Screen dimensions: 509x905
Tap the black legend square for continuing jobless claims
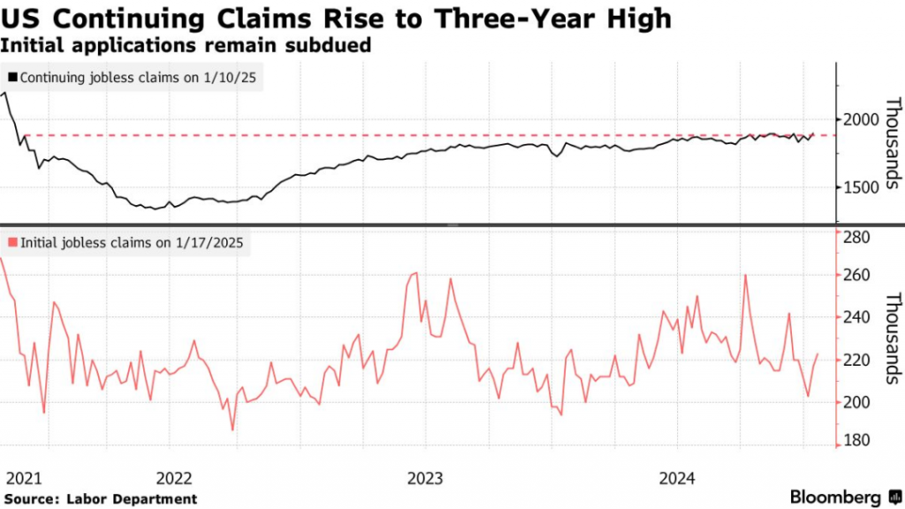point(12,78)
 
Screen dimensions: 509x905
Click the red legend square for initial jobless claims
point(12,242)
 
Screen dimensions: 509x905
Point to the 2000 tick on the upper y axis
point(858,120)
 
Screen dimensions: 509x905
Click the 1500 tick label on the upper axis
point(858,187)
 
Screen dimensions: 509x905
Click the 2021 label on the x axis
point(24,479)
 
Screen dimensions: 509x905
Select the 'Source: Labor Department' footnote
point(100,499)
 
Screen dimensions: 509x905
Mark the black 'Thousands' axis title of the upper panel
point(892,143)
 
